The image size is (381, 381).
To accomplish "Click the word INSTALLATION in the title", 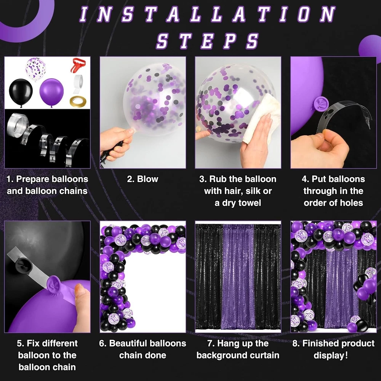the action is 208,14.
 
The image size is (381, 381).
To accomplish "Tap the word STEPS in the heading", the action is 208,41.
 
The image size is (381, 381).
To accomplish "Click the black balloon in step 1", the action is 21,93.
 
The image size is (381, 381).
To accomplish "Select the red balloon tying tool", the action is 78,65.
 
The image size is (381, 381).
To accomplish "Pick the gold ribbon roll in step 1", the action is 78,101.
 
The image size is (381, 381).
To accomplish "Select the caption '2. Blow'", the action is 142,179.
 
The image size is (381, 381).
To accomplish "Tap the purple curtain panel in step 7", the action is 238,277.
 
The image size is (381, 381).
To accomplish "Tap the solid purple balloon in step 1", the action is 51,93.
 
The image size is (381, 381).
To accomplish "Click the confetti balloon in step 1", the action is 36,69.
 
